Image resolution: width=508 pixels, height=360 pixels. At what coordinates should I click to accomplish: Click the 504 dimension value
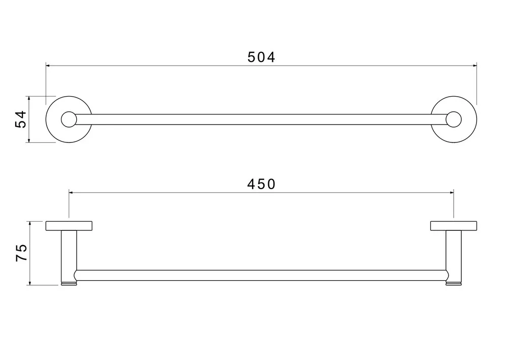click(261, 57)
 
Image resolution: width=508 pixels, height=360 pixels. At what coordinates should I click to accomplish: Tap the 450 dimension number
click(261, 185)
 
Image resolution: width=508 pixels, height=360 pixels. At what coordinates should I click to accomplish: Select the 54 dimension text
click(21, 119)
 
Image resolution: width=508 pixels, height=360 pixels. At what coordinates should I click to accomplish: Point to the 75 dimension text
click(22, 253)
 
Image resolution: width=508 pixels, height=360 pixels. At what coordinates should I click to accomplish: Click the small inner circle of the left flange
click(69, 119)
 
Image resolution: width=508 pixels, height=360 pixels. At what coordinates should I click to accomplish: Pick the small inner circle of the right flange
click(454, 119)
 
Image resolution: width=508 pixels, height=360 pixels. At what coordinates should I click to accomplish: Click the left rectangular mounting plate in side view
click(69, 226)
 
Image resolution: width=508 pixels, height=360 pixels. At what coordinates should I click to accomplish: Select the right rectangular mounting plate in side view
click(454, 226)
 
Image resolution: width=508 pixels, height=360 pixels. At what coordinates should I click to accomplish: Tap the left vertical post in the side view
click(69, 256)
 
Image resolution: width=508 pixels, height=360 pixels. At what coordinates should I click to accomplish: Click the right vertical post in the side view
click(454, 256)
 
